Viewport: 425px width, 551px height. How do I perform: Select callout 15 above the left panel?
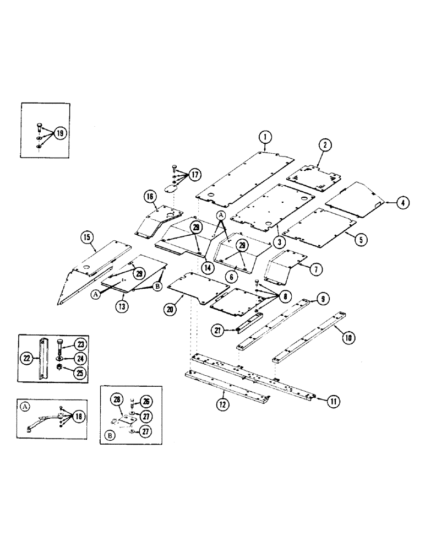(x=86, y=238)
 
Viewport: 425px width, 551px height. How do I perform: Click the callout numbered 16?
(x=149, y=196)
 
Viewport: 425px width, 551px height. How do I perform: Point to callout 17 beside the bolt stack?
(x=194, y=175)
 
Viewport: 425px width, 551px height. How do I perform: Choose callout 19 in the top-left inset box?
(x=59, y=133)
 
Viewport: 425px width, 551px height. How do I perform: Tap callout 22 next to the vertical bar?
(x=28, y=358)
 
